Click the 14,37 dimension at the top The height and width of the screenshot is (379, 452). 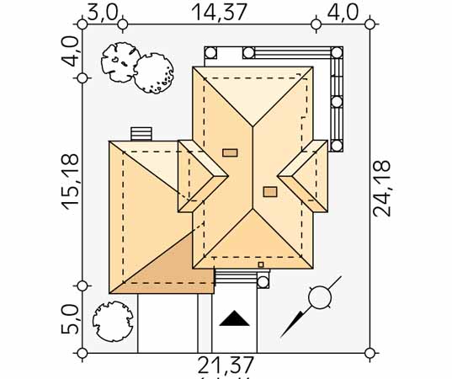coord(220,13)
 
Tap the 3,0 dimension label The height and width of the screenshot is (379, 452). coord(103,13)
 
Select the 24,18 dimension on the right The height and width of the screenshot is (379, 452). coord(381,189)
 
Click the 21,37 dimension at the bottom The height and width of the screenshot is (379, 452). coord(226,366)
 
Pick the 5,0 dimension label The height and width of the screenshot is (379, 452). coord(70,319)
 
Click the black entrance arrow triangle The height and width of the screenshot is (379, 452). coord(234,318)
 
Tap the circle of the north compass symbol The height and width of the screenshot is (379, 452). coord(320,297)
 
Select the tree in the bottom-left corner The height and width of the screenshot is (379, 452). coord(113,322)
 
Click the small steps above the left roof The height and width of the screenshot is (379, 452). coord(141,134)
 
